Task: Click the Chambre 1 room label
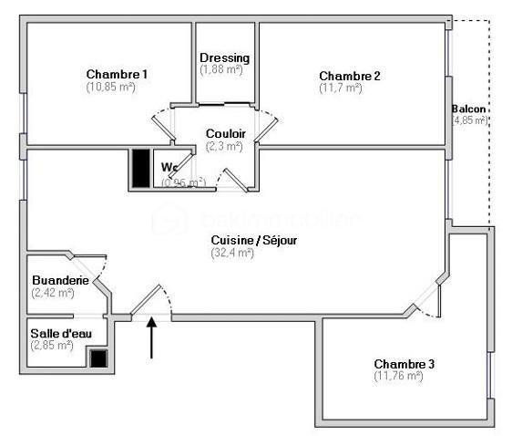point(117,74)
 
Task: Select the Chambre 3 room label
point(404,364)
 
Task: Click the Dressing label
point(224,57)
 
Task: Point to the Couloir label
point(225,133)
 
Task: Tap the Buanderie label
point(60,280)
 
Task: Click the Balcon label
point(468,109)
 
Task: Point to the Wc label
point(169,167)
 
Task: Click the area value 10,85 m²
point(110,87)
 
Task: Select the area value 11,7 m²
point(341,88)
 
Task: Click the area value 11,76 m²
point(398,376)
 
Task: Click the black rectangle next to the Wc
point(141,167)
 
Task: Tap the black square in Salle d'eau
point(97,358)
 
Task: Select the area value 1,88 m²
point(222,69)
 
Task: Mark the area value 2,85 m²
point(52,346)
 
